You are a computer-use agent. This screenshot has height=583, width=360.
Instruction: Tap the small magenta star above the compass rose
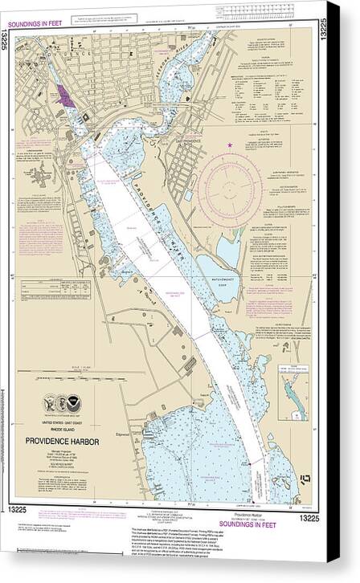(x=230, y=144)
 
